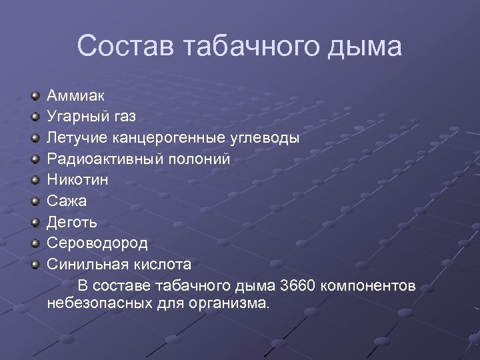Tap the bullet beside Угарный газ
[x=35, y=118]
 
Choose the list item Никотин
[x=77, y=180]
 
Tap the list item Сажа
[x=67, y=201]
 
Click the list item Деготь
[x=72, y=221]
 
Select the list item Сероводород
[x=97, y=243]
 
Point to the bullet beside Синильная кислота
[x=35, y=264]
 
